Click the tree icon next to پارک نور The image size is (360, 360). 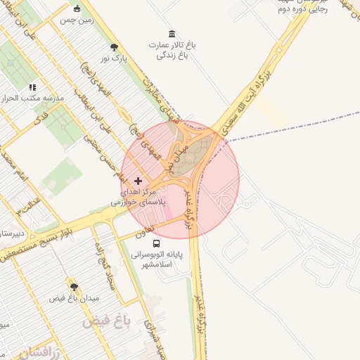[x=114, y=47]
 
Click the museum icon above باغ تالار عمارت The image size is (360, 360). [x=172, y=34]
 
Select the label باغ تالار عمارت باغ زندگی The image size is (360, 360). [x=172, y=49]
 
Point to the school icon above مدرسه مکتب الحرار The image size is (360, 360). [x=32, y=87]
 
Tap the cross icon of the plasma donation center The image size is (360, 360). [x=138, y=181]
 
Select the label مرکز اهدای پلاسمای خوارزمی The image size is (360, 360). [x=138, y=196]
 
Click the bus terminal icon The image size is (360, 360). [x=155, y=243]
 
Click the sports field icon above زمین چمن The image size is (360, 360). [x=77, y=9]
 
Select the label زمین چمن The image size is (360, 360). [x=76, y=21]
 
